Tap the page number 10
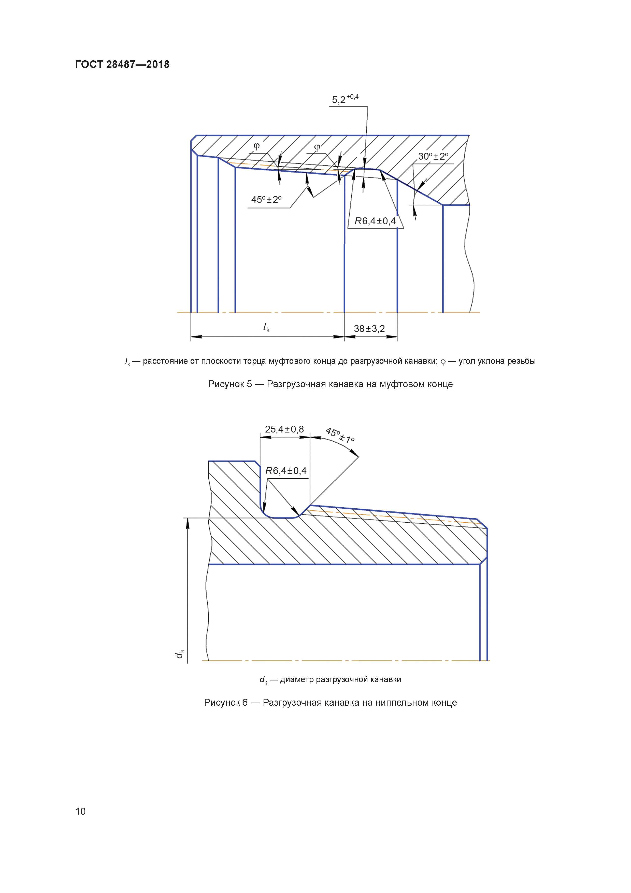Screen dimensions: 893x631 pos(80,811)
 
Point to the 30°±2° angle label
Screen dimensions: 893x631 pos(433,156)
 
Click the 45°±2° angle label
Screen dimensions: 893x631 pos(266,200)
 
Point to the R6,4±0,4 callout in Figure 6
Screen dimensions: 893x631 pos(286,471)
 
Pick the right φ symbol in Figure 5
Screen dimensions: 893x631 pos(317,147)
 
